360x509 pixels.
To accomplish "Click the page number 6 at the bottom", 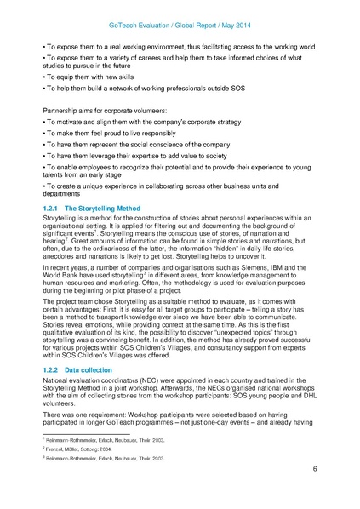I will tap(314, 469).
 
